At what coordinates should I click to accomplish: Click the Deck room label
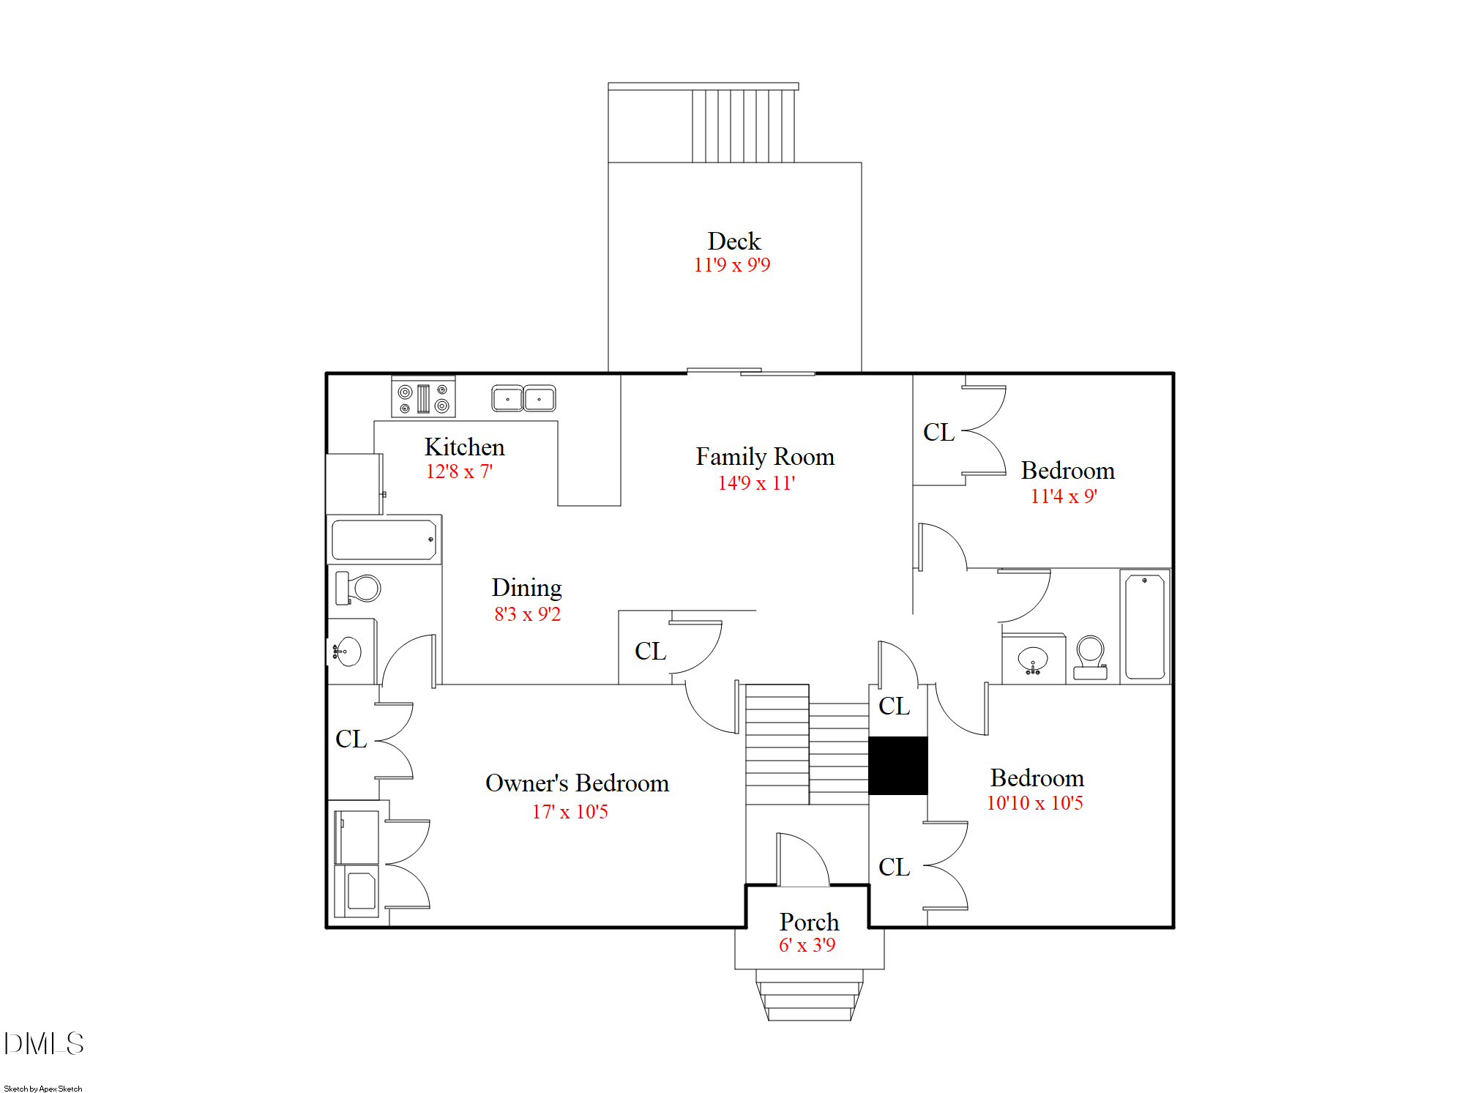pos(733,241)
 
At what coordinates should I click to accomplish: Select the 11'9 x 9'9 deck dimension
pos(731,265)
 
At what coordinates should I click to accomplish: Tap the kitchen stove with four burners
pos(423,398)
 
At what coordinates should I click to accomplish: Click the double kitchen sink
pos(523,399)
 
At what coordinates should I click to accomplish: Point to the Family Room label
pos(764,457)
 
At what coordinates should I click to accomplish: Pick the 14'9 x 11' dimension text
pos(755,483)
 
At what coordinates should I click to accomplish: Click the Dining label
pos(526,587)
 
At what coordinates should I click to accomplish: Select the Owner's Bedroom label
pos(577,783)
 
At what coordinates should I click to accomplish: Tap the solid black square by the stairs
pos(897,766)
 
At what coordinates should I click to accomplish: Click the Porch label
pos(809,922)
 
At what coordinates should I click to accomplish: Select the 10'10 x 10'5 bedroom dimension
pos(1034,803)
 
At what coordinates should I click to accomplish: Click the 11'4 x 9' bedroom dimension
pos(1063,496)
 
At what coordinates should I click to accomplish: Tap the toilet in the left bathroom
pos(359,588)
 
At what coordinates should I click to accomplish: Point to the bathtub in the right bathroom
pos(1144,627)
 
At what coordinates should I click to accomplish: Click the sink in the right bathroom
pos(1033,660)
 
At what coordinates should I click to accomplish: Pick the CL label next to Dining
pos(650,651)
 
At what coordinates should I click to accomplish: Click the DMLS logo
pos(44,1043)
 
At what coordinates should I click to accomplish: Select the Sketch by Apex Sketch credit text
pos(42,1089)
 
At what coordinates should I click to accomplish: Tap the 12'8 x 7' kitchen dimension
pos(459,471)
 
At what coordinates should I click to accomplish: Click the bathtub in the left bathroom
pos(384,540)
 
